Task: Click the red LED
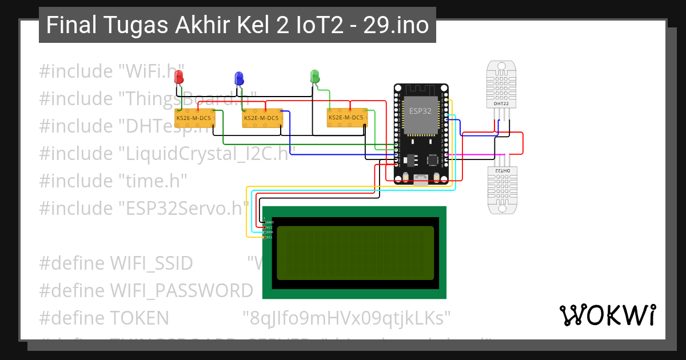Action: pos(179,77)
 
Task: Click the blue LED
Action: pos(239,78)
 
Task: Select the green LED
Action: pos(314,76)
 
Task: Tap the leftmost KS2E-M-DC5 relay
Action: pos(194,118)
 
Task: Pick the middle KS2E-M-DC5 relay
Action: pos(261,118)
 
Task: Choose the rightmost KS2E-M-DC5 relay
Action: pos(346,117)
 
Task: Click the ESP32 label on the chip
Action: pos(420,111)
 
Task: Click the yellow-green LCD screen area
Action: pos(355,253)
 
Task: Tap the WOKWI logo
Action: pos(607,315)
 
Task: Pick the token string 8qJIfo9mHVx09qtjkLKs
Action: pos(347,317)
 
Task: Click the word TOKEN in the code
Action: pos(139,317)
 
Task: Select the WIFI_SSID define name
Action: pos(151,264)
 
